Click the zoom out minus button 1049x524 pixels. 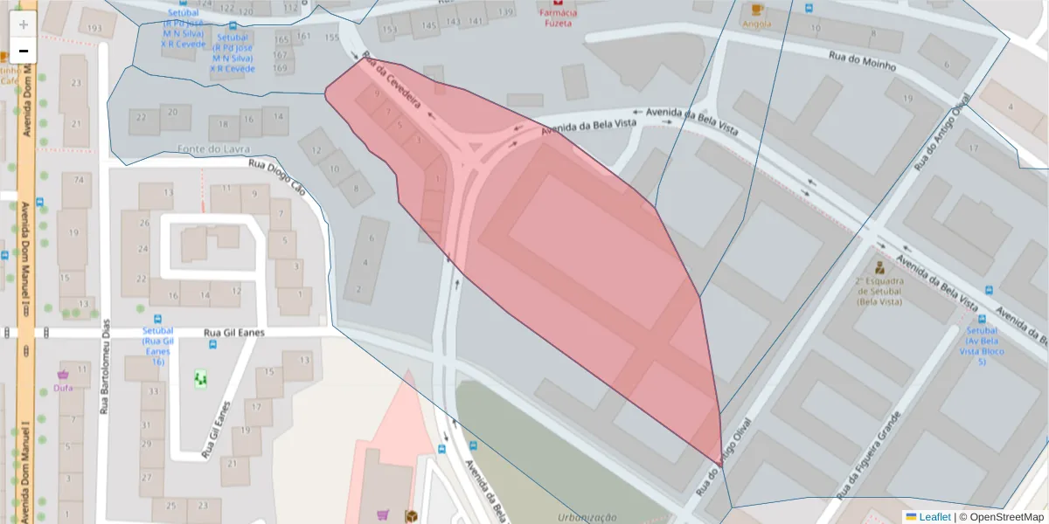(x=24, y=51)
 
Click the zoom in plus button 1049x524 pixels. (x=24, y=24)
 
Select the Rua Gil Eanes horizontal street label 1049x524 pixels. (x=233, y=333)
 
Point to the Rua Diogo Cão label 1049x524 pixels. (x=277, y=176)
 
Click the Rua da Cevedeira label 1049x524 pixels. (x=392, y=85)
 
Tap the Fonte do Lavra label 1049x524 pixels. (x=207, y=148)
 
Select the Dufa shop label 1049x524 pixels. (x=63, y=387)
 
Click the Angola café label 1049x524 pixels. (x=756, y=24)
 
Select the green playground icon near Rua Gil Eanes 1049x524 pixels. (x=200, y=378)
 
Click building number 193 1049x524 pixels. (x=95, y=29)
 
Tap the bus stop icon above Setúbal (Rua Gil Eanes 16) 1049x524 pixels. (x=158, y=319)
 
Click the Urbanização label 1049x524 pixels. (x=587, y=517)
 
